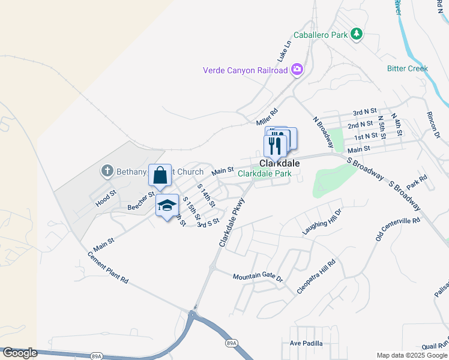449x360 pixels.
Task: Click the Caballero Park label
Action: (x=321, y=35)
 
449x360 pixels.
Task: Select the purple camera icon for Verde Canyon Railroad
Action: (x=297, y=70)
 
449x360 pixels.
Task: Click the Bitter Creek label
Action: (x=408, y=68)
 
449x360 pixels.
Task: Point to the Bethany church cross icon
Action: (x=107, y=172)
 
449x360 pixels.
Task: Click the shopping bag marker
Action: (x=160, y=176)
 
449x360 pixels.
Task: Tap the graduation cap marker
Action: (x=167, y=206)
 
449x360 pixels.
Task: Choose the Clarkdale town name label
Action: (x=279, y=163)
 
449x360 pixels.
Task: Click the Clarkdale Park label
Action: (x=265, y=173)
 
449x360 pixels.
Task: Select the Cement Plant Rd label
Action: (x=108, y=267)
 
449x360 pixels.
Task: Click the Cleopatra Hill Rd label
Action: (x=316, y=277)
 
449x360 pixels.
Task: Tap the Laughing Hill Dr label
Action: (x=321, y=222)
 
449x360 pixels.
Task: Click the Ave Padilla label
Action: (x=306, y=344)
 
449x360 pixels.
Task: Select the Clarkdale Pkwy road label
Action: (x=231, y=223)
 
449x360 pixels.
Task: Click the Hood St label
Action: (x=105, y=200)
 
